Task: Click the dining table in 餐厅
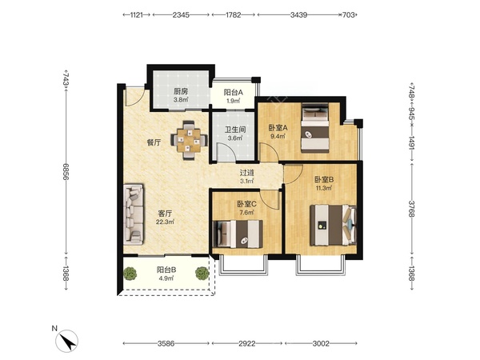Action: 189,141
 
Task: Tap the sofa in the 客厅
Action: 134,214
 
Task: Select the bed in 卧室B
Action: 334,226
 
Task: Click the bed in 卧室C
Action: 238,234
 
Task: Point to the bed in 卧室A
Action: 315,128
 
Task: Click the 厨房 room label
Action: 181,91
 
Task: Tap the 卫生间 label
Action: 235,130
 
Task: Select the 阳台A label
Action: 234,92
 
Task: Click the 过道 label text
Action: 246,173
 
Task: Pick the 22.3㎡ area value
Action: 165,222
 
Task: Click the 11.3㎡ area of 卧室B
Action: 324,188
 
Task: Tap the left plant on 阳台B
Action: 130,273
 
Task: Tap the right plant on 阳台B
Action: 202,273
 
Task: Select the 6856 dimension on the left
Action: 66,171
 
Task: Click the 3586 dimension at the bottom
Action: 166,343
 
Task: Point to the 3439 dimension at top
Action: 298,14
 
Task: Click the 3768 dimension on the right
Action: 412,209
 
